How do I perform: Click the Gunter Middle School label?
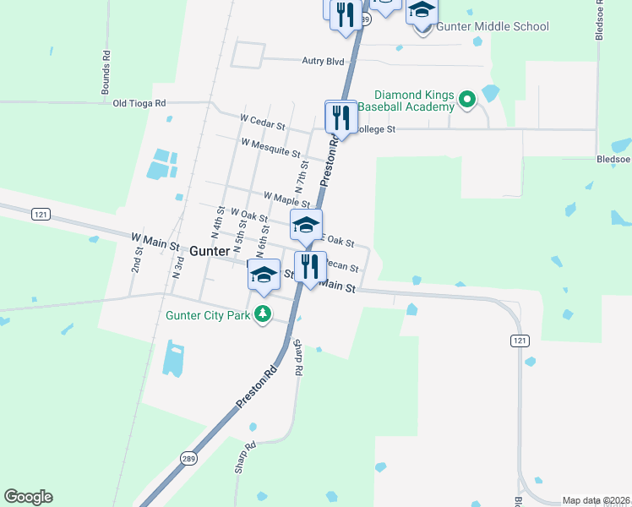click(493, 27)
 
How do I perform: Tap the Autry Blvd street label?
click(324, 61)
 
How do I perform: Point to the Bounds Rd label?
click(106, 75)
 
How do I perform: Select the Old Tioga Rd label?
click(139, 103)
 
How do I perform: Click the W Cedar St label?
click(263, 123)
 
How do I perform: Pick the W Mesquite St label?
click(270, 148)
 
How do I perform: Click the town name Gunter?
click(210, 252)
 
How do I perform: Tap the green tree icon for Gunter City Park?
click(264, 314)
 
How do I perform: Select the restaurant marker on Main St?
click(310, 266)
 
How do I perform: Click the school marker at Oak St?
click(306, 225)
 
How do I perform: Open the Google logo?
click(28, 497)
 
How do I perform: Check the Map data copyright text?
click(597, 500)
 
